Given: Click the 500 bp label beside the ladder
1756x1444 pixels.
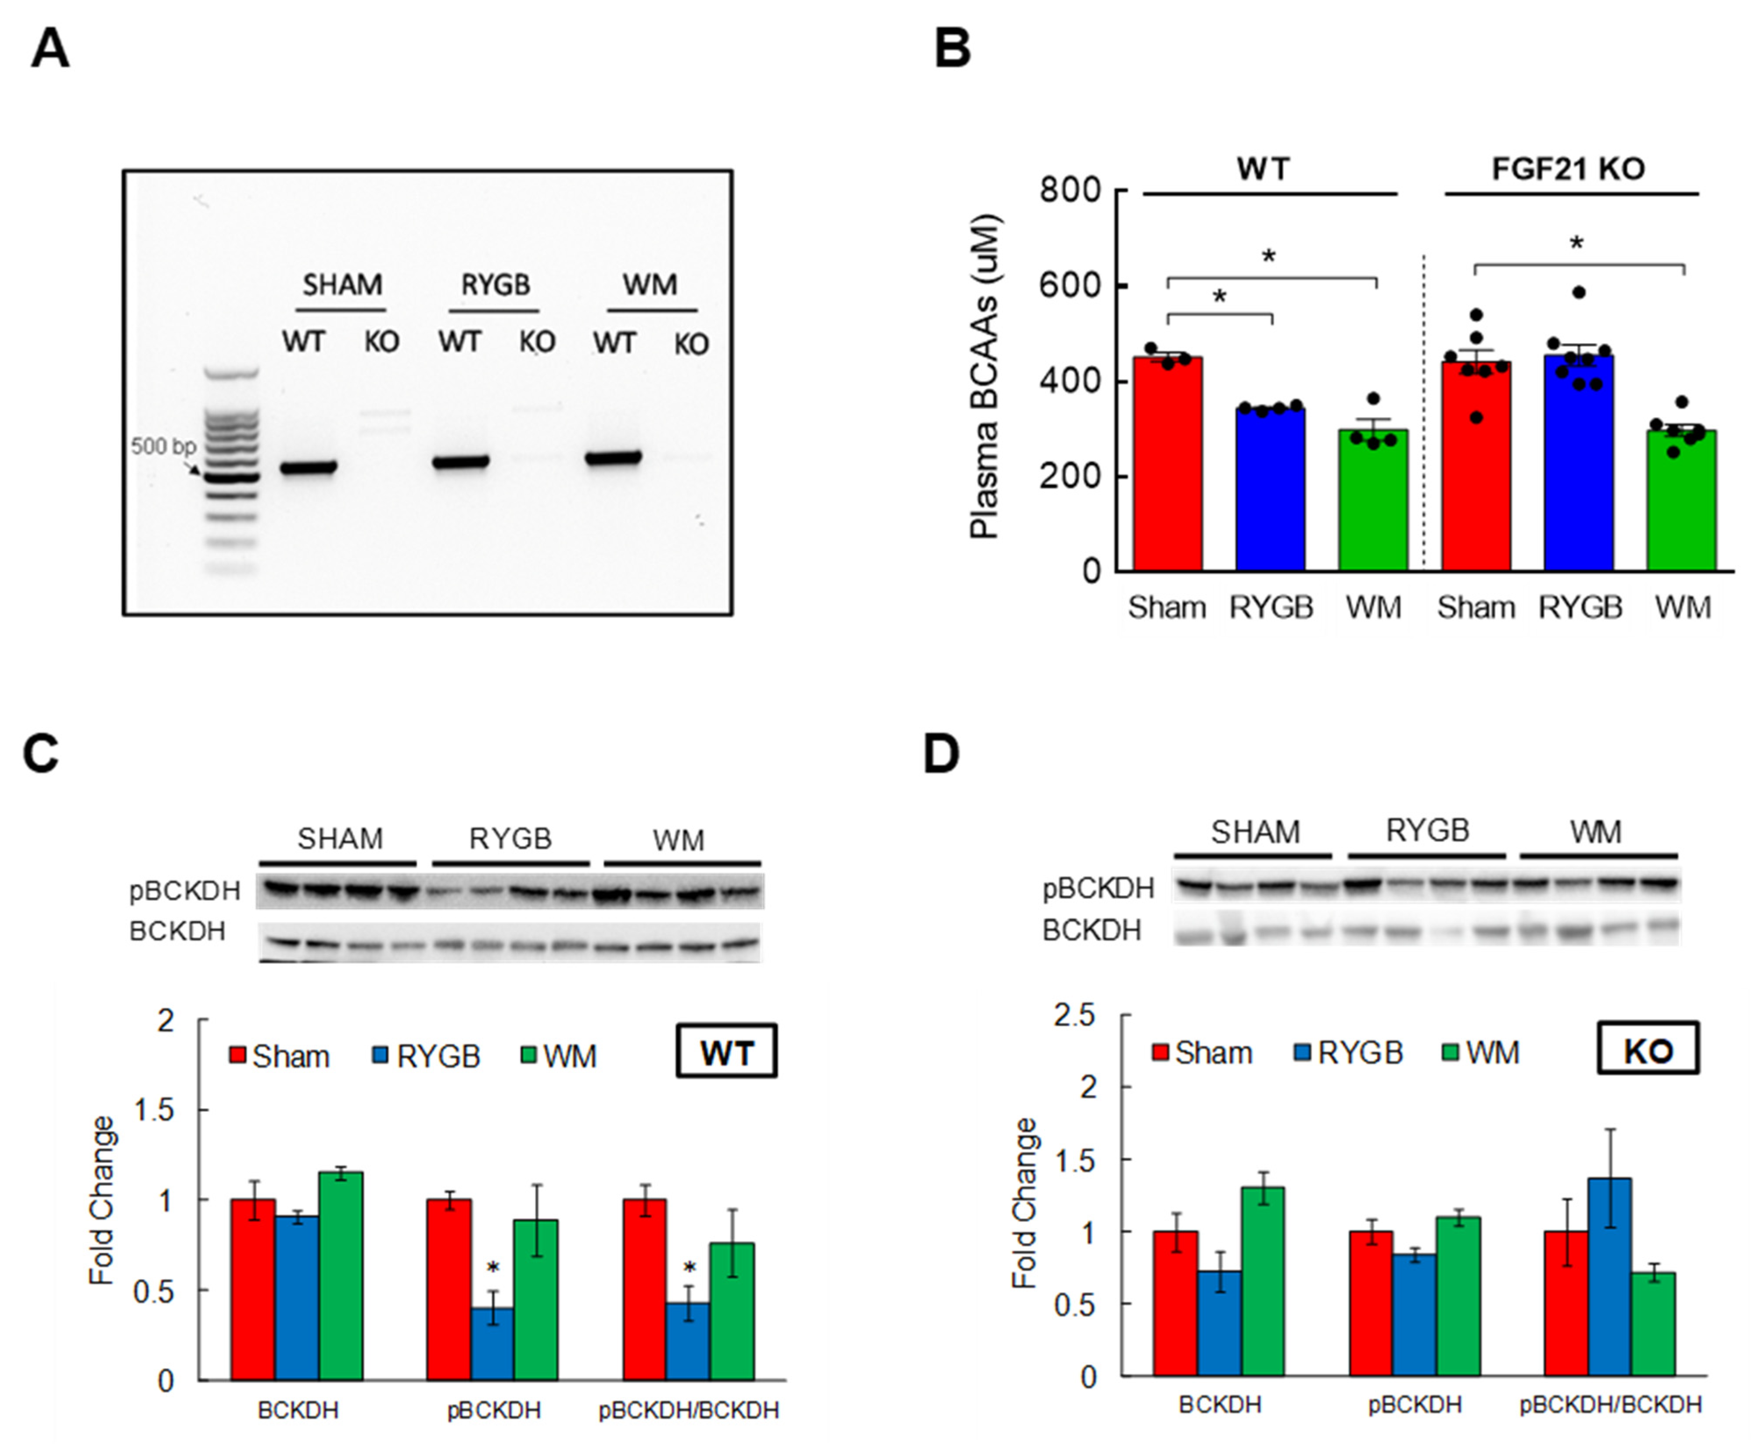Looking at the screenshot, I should point(162,447).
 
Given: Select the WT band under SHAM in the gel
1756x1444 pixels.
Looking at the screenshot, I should point(308,467).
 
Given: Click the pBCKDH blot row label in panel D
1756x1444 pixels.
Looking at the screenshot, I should point(1098,889).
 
